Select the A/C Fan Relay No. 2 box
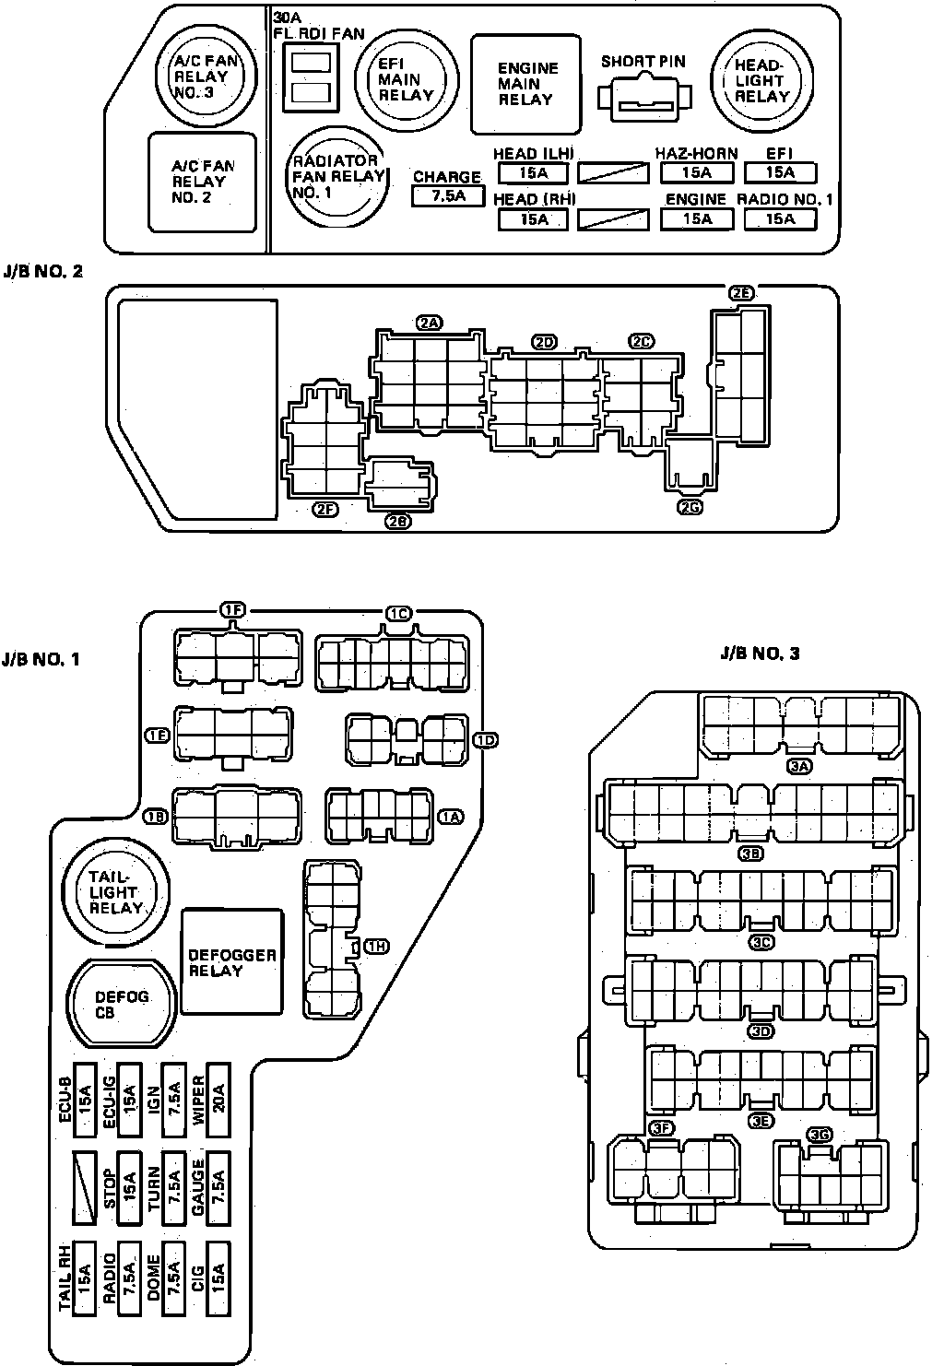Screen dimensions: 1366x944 tap(204, 182)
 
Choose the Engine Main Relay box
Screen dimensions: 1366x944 tap(526, 84)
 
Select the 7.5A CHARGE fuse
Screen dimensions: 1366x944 tap(447, 195)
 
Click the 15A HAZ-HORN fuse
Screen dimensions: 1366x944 tap(697, 172)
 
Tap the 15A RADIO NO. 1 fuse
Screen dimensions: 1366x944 tap(781, 218)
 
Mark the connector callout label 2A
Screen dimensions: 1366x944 tap(430, 323)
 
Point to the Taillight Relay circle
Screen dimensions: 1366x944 tap(114, 891)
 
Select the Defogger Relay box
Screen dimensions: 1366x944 tap(232, 961)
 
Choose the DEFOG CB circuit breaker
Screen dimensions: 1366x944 tap(123, 1004)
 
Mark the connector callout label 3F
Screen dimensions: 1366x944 tap(661, 1127)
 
